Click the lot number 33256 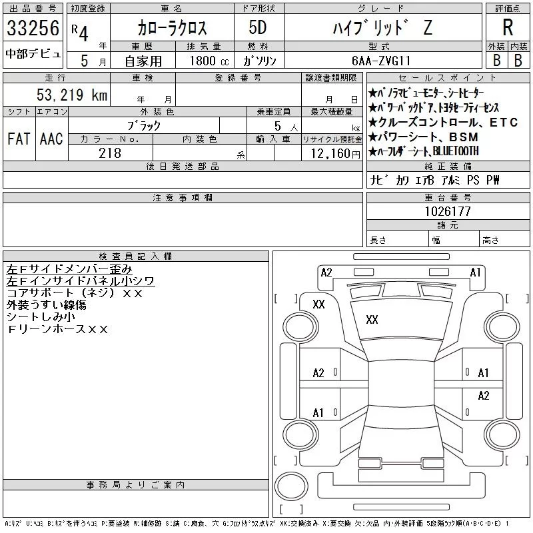coord(33,28)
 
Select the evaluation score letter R coord(508,27)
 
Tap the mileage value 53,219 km coord(72,95)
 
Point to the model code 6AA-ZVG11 coord(380,61)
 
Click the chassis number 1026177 coord(448,211)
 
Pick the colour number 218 coord(110,153)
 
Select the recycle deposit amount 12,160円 coord(335,154)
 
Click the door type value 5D coord(258,27)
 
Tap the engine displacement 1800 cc coord(209,61)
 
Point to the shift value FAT coord(19,139)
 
